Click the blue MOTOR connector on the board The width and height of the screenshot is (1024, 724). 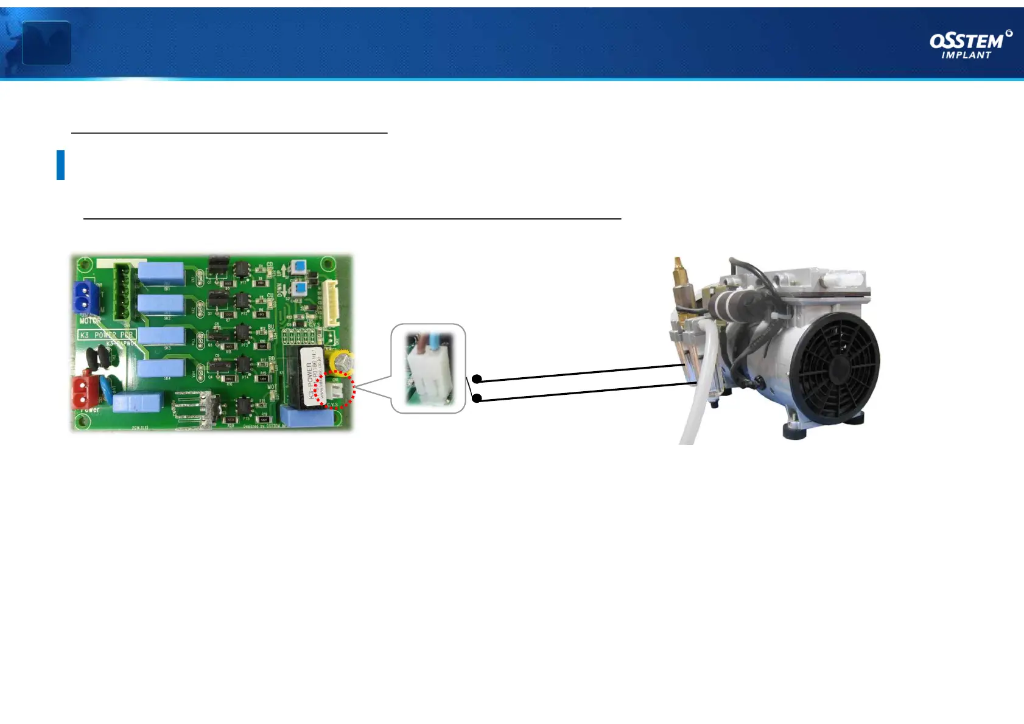pos(86,298)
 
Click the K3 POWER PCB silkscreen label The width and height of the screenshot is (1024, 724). pos(106,335)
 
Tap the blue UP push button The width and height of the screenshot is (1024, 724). pos(298,268)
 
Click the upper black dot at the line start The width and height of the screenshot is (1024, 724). pos(477,379)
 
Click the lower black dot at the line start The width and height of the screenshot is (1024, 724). pos(477,399)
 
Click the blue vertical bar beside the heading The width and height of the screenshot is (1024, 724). pos(60,165)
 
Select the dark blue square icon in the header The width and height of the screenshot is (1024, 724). pos(46,43)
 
